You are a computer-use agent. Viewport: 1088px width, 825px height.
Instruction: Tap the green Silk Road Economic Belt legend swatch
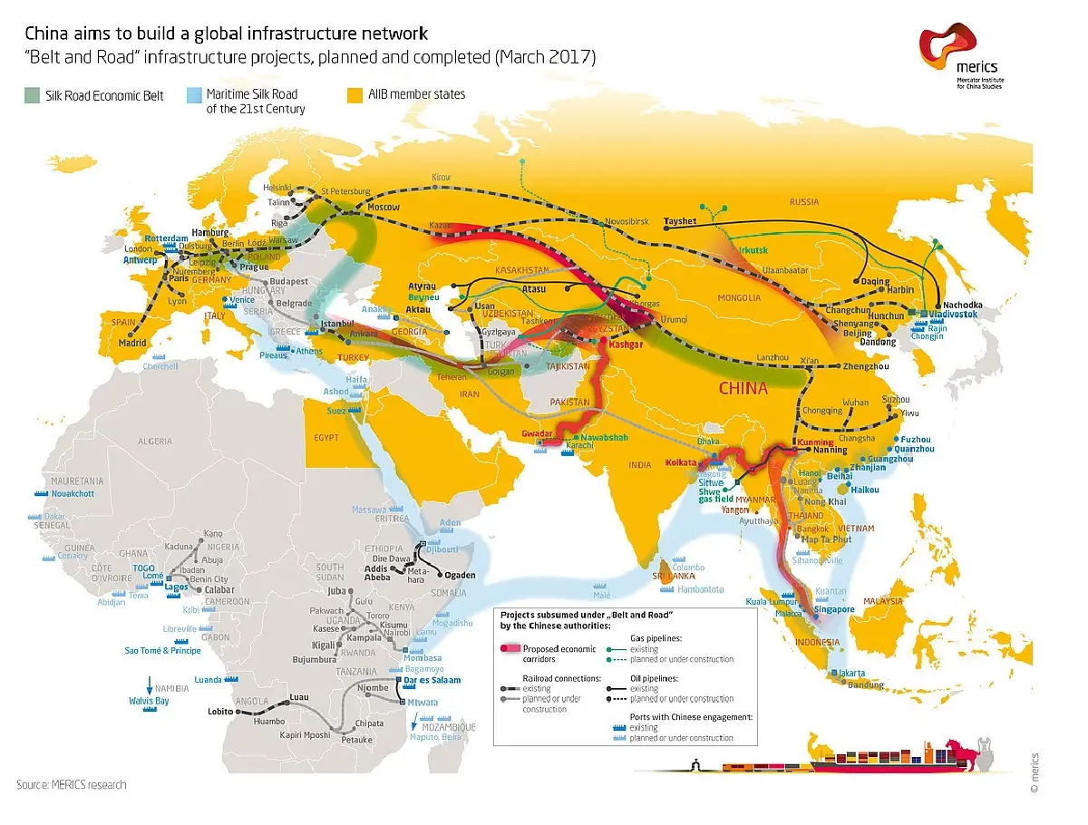pyautogui.click(x=33, y=94)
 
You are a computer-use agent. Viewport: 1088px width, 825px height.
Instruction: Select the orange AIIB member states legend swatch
pyautogui.click(x=356, y=93)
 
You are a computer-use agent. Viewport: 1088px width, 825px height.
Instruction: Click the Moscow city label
pyautogui.click(x=382, y=208)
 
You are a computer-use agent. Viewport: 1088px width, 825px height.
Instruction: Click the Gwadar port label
pyautogui.click(x=538, y=433)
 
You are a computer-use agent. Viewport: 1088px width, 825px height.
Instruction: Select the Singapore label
pyautogui.click(x=835, y=609)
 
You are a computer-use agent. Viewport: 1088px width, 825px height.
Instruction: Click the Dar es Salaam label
pyautogui.click(x=432, y=680)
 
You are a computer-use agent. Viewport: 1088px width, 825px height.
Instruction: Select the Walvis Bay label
pyautogui.click(x=150, y=701)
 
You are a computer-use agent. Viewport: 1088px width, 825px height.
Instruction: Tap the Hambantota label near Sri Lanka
pyautogui.click(x=699, y=589)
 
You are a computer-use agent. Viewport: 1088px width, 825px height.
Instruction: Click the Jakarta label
pyautogui.click(x=851, y=674)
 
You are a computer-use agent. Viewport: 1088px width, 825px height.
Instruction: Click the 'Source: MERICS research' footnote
pyautogui.click(x=72, y=784)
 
